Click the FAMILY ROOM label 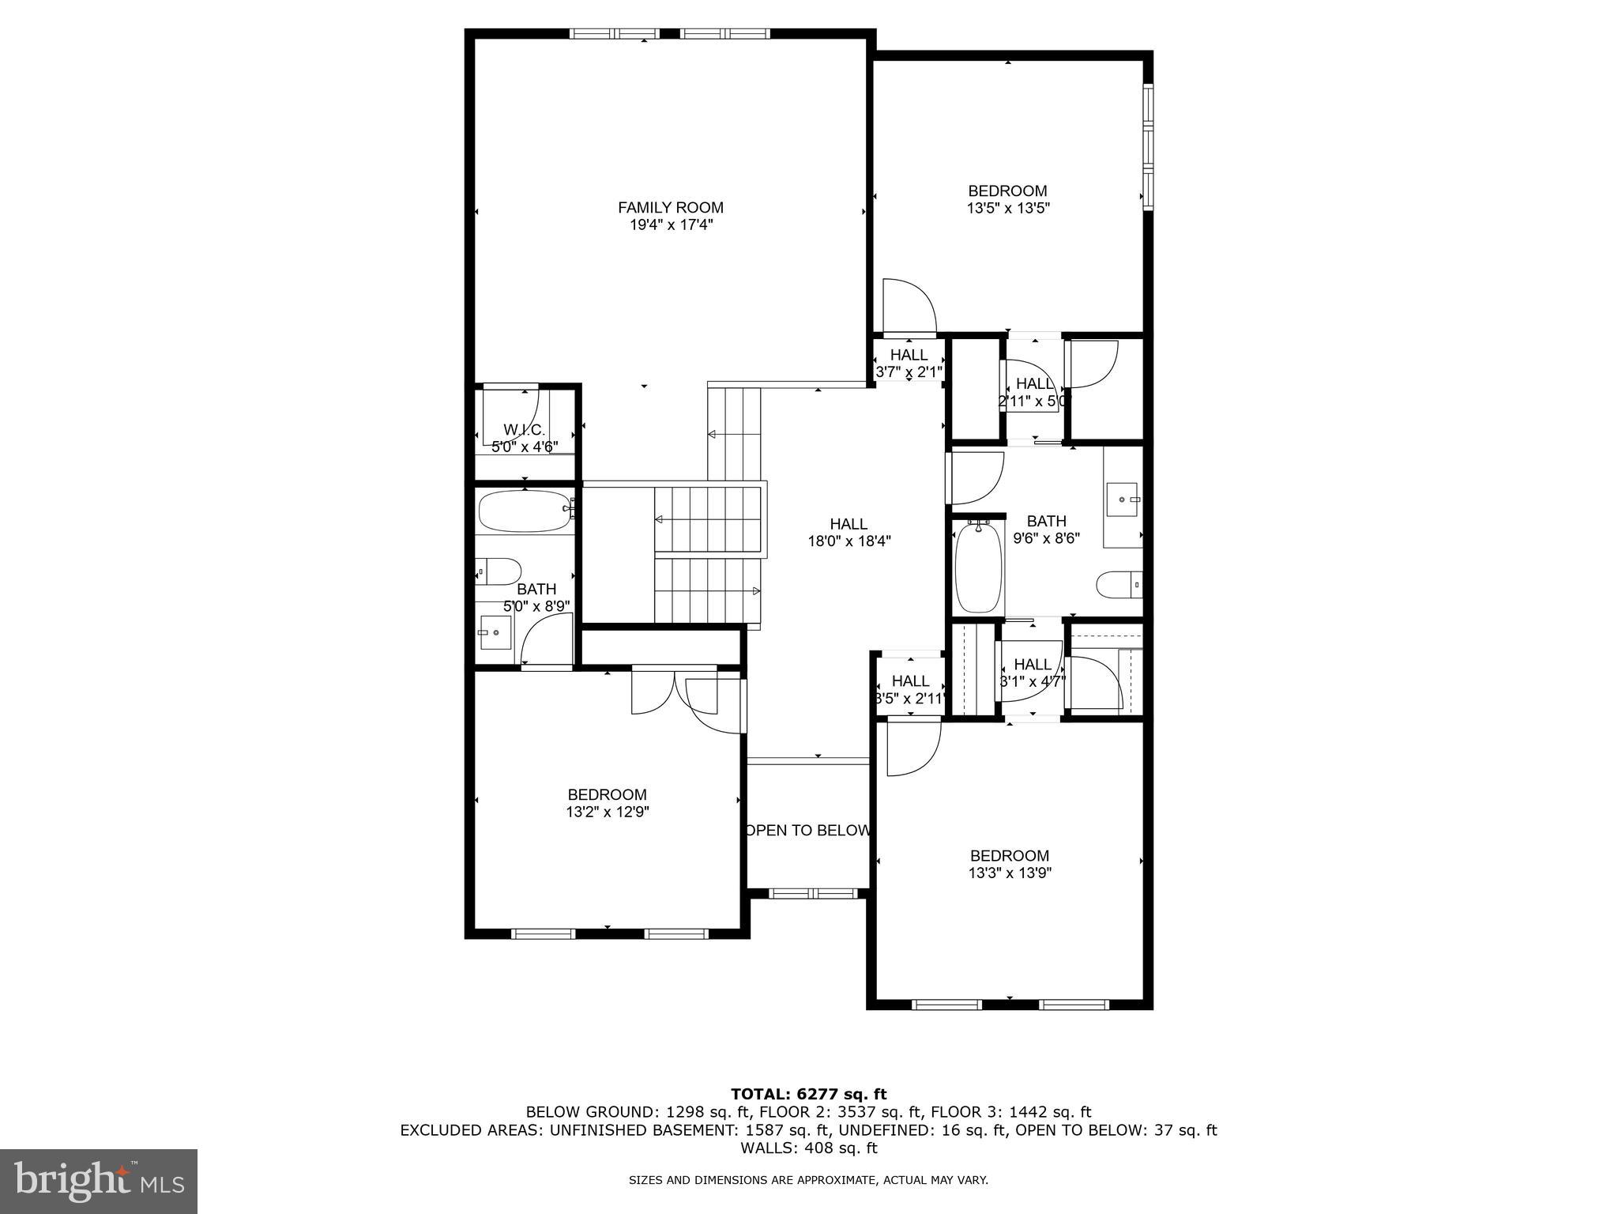[670, 208]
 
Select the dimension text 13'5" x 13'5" [1007, 209]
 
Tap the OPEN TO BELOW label [808, 831]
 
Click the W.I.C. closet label [524, 429]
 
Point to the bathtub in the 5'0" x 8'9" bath [524, 511]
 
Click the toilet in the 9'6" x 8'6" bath [1117, 586]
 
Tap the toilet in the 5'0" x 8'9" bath [499, 571]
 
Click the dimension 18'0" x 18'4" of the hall [849, 541]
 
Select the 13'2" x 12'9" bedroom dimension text [607, 812]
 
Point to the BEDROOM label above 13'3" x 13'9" [1009, 855]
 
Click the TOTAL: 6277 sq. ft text [808, 1094]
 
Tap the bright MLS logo [99, 1182]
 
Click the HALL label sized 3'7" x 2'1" [909, 355]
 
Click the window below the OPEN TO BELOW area [813, 893]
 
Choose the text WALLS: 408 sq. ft [808, 1148]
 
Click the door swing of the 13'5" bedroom [909, 307]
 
